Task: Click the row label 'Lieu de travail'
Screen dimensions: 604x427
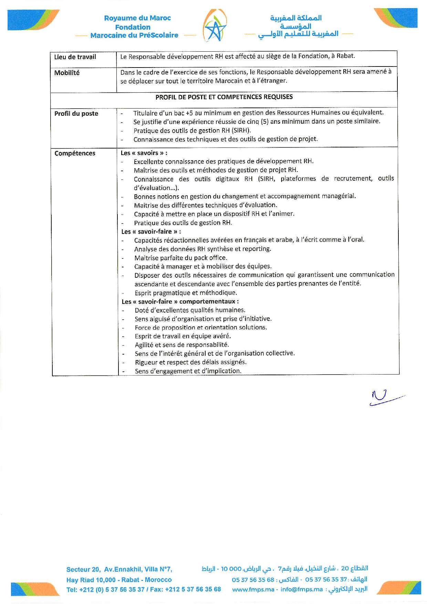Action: click(75, 57)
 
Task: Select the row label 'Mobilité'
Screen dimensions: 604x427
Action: click(67, 73)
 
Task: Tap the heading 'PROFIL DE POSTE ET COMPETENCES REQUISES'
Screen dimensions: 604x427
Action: click(224, 97)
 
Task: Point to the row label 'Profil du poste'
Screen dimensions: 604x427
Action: click(76, 114)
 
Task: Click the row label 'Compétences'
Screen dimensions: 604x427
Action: click(75, 153)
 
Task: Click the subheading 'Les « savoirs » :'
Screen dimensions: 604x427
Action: click(144, 153)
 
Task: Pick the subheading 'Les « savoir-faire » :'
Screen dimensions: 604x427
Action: click(151, 232)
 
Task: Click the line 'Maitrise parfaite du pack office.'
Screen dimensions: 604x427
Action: click(180, 258)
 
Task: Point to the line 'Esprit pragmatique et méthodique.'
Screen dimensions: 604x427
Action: click(186, 293)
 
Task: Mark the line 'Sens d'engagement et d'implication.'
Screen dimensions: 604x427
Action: click(188, 371)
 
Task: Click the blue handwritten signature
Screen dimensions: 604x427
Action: click(382, 398)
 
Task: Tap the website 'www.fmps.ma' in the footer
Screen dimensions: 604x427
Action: click(253, 590)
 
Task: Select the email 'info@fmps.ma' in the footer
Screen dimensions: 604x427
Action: click(302, 590)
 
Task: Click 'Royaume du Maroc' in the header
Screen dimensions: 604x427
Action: click(137, 18)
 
